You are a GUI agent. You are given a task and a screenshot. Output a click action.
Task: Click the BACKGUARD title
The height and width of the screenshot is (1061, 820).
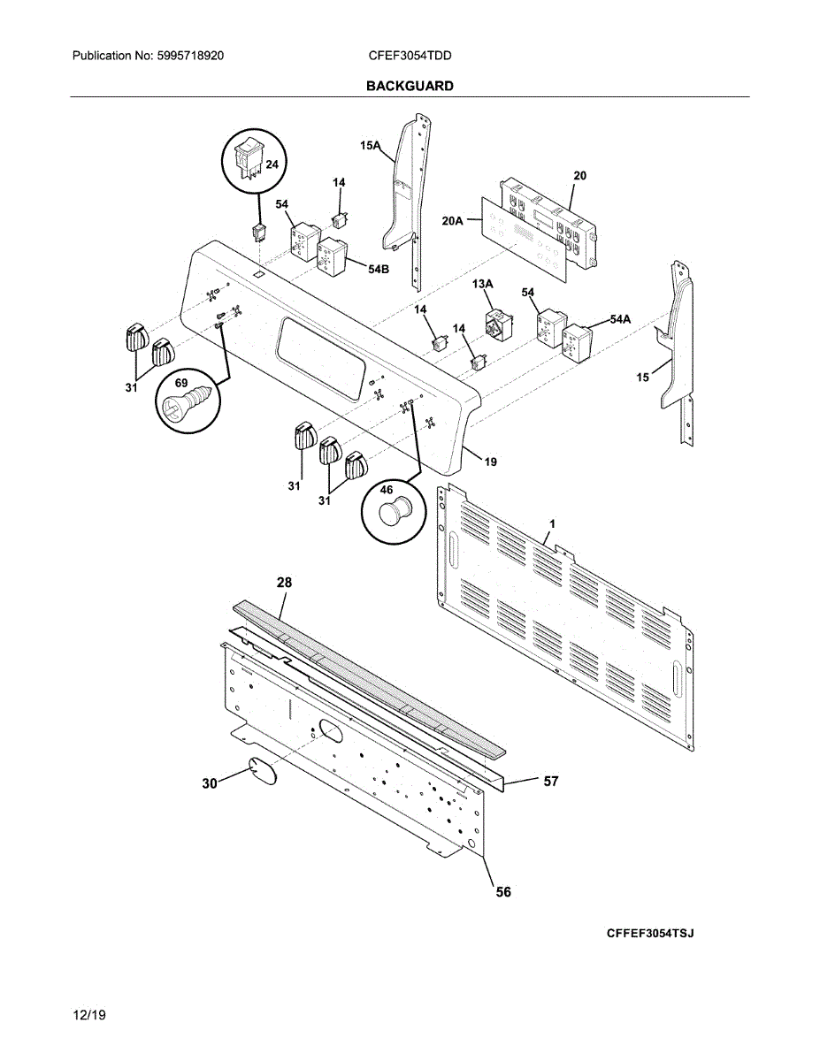coord(410,86)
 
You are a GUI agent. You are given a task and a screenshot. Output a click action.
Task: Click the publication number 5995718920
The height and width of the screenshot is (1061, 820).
coord(192,56)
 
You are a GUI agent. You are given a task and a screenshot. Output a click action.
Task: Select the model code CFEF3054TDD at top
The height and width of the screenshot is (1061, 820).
coord(410,56)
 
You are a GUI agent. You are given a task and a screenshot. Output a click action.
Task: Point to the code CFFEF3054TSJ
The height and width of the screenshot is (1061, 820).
coord(649,934)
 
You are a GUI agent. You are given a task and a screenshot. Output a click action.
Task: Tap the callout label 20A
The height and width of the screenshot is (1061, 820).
coord(453,222)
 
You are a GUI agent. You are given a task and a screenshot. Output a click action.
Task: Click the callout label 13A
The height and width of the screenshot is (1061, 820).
coord(482,284)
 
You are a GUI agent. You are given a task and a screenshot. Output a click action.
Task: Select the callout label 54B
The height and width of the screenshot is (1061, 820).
coord(379,269)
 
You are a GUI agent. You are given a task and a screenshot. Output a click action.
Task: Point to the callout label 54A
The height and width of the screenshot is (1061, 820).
coord(620,319)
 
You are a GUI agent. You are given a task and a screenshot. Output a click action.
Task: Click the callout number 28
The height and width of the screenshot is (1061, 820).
coord(284,583)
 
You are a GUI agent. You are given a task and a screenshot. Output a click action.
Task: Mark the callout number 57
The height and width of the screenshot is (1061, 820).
coord(550,782)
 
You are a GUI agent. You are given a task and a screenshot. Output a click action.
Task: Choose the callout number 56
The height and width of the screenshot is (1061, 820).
coord(502,892)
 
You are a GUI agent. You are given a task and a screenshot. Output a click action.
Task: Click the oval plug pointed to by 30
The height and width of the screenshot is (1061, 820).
coord(262,769)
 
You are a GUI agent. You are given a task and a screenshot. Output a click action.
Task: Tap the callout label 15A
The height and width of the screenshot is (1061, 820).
coord(370,147)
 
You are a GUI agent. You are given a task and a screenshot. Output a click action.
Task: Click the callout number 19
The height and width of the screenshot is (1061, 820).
coord(490,461)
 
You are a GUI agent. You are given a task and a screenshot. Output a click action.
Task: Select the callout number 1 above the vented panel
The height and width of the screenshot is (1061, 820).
coord(552,524)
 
